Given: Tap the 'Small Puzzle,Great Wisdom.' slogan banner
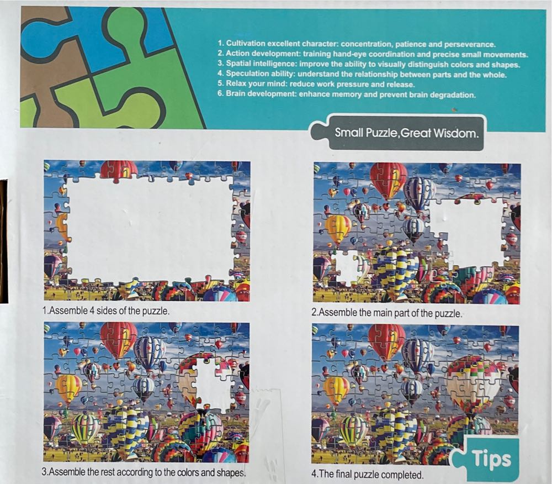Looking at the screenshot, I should point(406,133).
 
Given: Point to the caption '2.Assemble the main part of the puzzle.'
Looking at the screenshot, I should point(386,313).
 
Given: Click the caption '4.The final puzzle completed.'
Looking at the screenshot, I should point(367,474).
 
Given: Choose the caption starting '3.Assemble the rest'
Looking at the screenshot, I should point(144,473).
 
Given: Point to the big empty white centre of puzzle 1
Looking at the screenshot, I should point(149,229).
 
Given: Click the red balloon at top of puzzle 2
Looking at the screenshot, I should point(388,178).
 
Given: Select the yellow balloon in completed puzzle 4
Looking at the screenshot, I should point(336,389).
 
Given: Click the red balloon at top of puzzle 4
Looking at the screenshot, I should point(386,340).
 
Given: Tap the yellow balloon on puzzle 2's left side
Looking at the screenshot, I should point(337,227).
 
